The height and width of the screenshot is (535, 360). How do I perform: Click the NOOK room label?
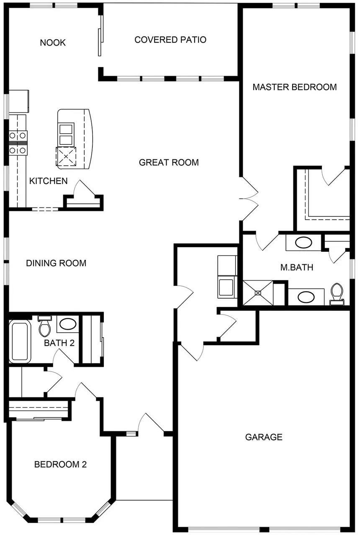pos(53,43)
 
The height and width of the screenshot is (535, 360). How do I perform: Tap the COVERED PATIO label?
pos(170,40)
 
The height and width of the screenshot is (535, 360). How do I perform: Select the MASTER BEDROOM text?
pos(295,87)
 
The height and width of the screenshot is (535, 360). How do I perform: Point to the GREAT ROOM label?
pos(169,162)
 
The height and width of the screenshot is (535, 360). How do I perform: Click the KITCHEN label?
pos(48,181)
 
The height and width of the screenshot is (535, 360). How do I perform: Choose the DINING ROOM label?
pos(56,263)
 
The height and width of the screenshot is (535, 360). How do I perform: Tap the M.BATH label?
pos(296,267)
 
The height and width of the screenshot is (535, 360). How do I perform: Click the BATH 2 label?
pos(59,343)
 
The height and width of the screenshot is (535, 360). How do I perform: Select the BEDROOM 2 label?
pos(60,464)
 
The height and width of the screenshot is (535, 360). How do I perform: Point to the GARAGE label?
pos(264,437)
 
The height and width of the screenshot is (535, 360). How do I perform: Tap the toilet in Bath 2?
pos(44,326)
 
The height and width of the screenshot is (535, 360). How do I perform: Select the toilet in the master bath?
pos(337,292)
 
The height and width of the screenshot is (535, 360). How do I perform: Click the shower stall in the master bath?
pos(258,293)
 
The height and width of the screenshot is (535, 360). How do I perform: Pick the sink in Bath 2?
pos(67,323)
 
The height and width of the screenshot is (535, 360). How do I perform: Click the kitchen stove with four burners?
pos(18,143)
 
